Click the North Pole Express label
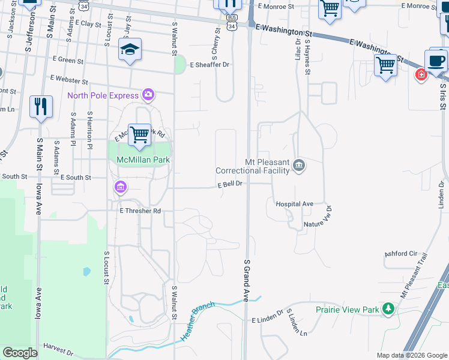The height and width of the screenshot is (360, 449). pyautogui.click(x=103, y=95)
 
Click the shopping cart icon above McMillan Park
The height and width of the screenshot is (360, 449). pyautogui.click(x=139, y=134)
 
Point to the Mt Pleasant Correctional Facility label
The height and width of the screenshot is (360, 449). pyautogui.click(x=267, y=166)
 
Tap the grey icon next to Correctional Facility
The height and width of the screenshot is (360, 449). pyautogui.click(x=299, y=166)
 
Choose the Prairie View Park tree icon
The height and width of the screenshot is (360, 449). pyautogui.click(x=388, y=310)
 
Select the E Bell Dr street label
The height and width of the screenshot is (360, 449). pyautogui.click(x=229, y=184)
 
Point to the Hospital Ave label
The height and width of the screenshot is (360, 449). pyautogui.click(x=295, y=204)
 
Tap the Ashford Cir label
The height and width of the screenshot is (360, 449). pyautogui.click(x=400, y=253)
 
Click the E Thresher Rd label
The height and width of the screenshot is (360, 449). pyautogui.click(x=140, y=211)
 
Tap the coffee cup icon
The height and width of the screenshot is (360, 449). pyautogui.click(x=436, y=61)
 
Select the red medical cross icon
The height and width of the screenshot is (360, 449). pyautogui.click(x=421, y=74)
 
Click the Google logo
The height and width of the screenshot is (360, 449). pyautogui.click(x=20, y=353)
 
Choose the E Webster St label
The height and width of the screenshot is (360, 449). pyautogui.click(x=70, y=79)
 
